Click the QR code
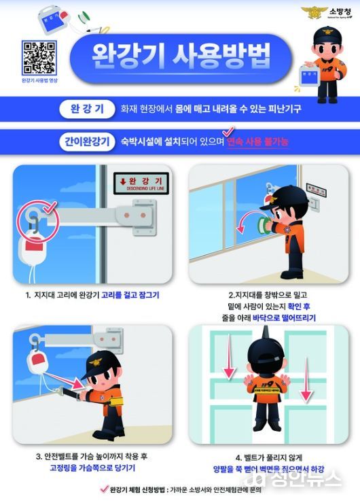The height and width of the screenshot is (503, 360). click(39, 57)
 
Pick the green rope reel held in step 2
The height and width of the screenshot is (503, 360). click(260, 226)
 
